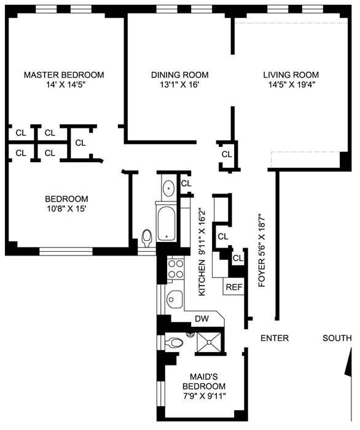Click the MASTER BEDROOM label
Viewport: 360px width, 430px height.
tap(64, 75)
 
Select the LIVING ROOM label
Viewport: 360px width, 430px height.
tap(291, 75)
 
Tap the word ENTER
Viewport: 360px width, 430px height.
tap(275, 338)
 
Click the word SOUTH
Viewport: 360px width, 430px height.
tap(337, 338)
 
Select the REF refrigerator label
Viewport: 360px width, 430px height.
tap(233, 287)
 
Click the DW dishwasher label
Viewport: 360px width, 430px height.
tap(201, 318)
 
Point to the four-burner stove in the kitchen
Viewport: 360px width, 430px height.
tap(176, 268)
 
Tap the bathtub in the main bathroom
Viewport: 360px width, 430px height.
tap(166, 224)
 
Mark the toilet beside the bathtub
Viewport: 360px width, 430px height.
tap(146, 238)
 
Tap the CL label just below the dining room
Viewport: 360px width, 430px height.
tap(226, 154)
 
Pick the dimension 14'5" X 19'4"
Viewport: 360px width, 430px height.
tap(291, 86)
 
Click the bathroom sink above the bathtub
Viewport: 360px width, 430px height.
tap(168, 188)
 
